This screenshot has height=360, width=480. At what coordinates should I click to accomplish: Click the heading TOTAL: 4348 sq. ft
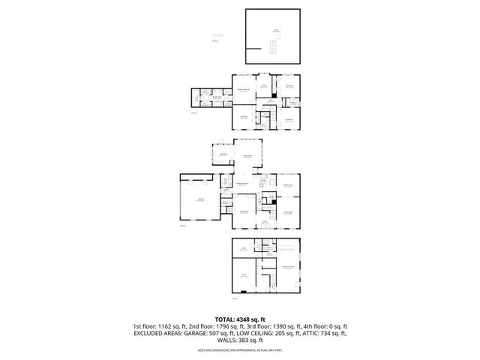coord(239,319)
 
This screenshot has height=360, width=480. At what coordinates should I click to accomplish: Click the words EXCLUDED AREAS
coord(154,334)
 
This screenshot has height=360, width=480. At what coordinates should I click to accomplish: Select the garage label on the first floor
coord(199,199)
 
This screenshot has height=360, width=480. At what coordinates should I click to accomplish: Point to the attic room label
coord(276,31)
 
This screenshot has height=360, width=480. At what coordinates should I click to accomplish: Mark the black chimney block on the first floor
coord(275,201)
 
